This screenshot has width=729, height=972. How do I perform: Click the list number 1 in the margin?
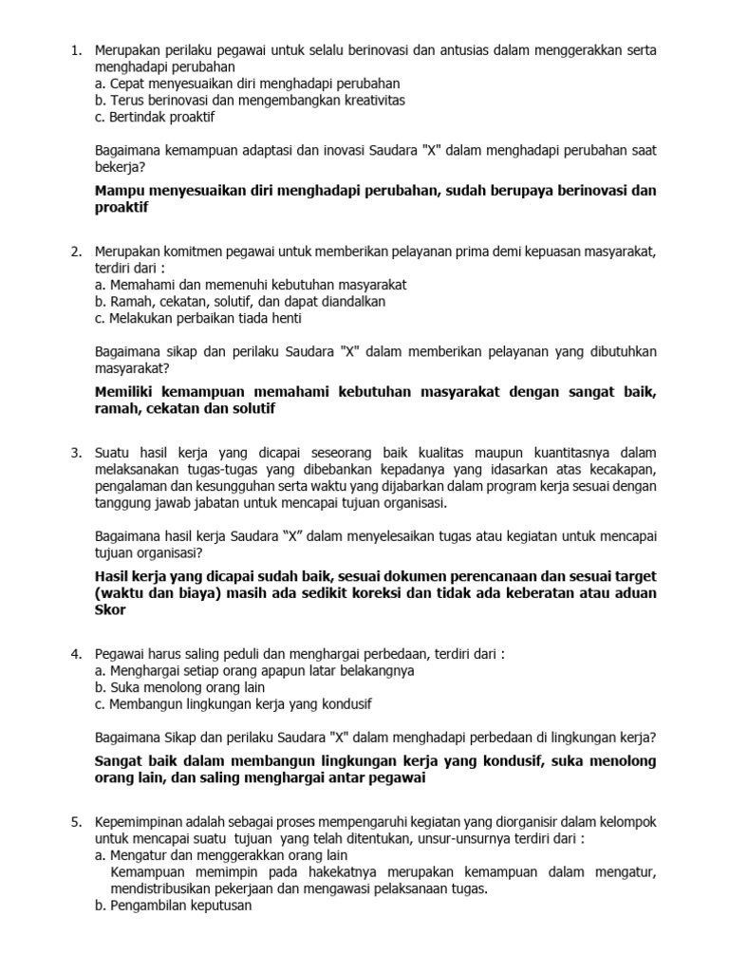tap(76, 49)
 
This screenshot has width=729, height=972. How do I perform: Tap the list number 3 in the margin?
tap(76, 452)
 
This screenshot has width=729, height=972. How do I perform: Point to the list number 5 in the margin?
tap(76, 821)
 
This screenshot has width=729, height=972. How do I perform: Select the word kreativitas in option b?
tap(365, 100)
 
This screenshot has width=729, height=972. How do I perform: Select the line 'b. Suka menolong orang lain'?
tap(180, 687)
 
